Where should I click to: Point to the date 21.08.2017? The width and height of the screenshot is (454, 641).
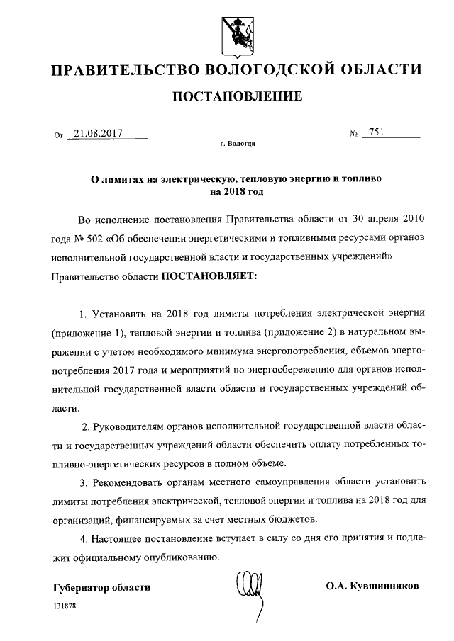pos(99,132)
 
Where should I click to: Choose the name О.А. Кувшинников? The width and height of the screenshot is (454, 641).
pos(373,587)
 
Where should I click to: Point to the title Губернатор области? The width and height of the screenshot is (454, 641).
pos(102,588)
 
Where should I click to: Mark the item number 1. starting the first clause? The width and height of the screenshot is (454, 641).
pos(83,313)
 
